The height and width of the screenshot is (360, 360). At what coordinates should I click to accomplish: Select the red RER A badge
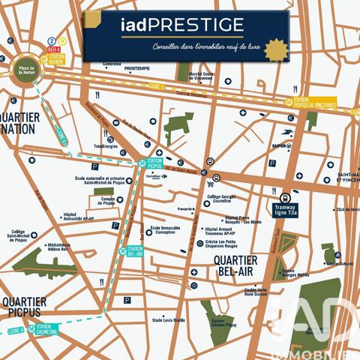point(53,49)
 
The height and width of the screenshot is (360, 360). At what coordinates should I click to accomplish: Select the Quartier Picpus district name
point(24,307)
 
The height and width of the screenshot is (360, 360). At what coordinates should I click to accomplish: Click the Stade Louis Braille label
point(168,320)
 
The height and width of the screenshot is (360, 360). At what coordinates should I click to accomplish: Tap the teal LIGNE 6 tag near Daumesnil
point(15,330)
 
